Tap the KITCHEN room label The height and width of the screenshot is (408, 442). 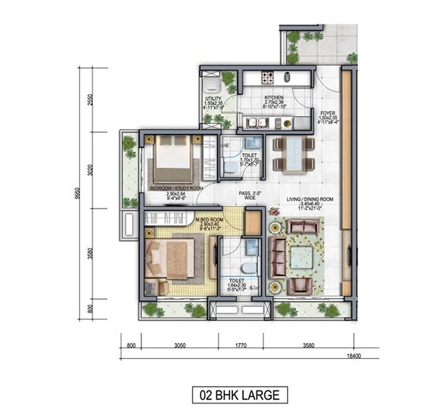(x=274, y=98)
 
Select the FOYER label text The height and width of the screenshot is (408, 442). (x=328, y=112)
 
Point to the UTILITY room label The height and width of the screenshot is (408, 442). (x=213, y=99)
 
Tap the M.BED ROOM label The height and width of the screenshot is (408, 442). (x=207, y=220)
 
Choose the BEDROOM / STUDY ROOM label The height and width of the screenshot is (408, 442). (x=175, y=187)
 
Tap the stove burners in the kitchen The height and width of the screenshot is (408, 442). (x=267, y=77)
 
